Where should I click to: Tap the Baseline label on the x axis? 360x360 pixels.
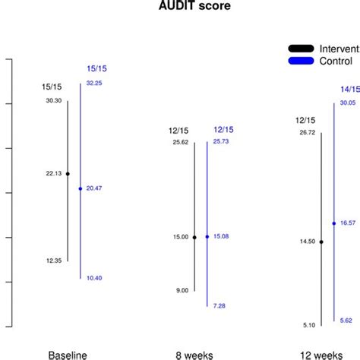[x=68, y=355]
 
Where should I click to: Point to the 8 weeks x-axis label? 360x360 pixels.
[x=195, y=355]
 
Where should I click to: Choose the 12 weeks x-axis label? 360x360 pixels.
[x=322, y=355]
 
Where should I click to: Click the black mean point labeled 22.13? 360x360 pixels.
[x=68, y=174]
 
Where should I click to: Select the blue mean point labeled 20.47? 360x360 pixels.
[x=81, y=188]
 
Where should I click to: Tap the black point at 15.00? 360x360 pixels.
[x=194, y=238]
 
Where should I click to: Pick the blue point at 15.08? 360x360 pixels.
[x=207, y=237]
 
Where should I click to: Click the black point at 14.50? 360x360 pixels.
[x=321, y=242]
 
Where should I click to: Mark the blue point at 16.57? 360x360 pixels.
[x=334, y=223]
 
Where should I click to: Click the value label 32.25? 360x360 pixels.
[x=94, y=83]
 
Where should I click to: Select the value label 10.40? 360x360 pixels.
[x=94, y=278]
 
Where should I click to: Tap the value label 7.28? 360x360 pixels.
[x=219, y=305]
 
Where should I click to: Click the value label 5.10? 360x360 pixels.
[x=308, y=325]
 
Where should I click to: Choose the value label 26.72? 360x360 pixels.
[x=308, y=133]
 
